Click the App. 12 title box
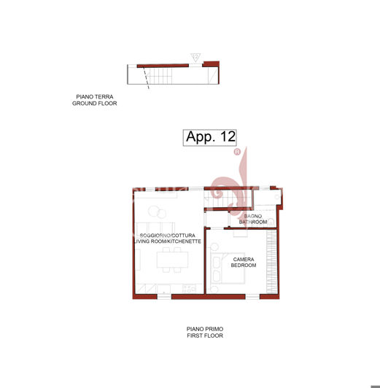point(210,137)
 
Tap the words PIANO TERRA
point(94,97)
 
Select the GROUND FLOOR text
point(94,104)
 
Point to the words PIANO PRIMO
point(204,330)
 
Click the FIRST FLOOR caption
point(204,336)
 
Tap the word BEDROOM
point(243,265)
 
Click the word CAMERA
point(243,259)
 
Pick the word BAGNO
point(252,216)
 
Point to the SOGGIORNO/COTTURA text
point(166,235)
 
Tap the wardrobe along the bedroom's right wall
point(273,258)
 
